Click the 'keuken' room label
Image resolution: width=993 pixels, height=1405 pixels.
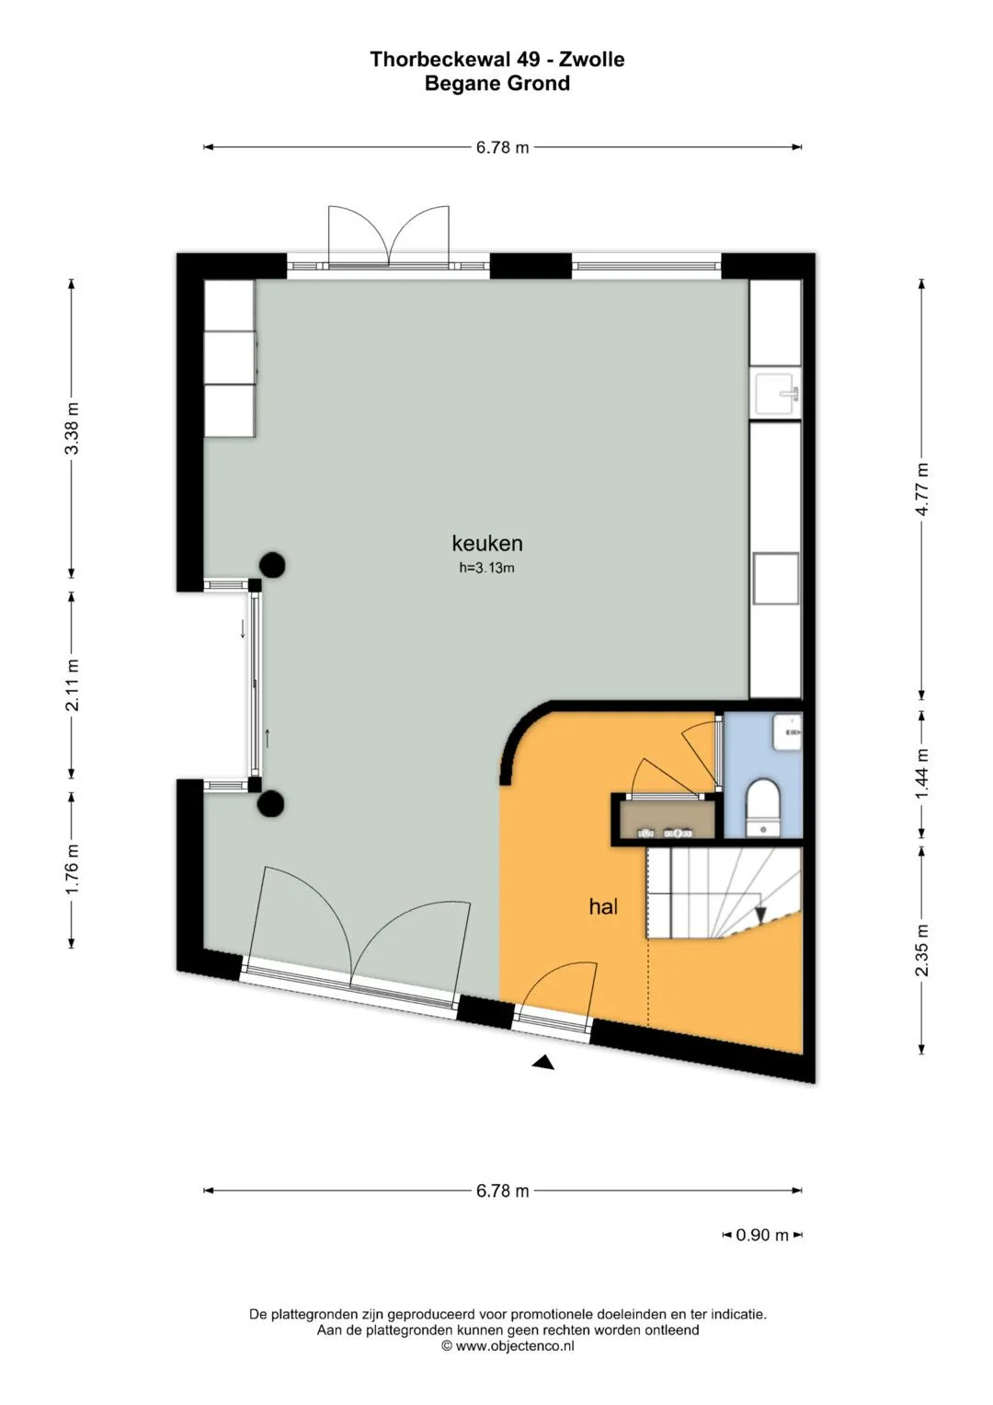click(487, 543)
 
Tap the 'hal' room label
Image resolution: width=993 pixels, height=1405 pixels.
click(603, 906)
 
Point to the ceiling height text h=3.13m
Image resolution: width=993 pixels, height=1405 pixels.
click(486, 569)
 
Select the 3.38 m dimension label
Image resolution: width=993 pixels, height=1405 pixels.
click(73, 428)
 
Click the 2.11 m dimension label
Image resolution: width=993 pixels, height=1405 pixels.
click(73, 685)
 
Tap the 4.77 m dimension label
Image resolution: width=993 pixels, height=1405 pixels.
click(921, 489)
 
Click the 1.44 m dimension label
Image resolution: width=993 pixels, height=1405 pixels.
click(921, 775)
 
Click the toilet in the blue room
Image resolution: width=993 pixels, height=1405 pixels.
click(763, 807)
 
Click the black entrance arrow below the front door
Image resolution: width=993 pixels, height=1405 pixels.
click(543, 1061)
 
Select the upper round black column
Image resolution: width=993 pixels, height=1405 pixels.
click(272, 565)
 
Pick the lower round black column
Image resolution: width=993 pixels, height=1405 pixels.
click(272, 803)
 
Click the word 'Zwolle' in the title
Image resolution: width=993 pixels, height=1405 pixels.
click(592, 60)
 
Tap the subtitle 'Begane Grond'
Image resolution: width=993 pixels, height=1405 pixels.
click(497, 84)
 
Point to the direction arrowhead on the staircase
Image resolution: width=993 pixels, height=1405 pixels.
click(760, 916)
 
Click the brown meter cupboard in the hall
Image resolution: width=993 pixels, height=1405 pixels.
click(668, 820)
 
